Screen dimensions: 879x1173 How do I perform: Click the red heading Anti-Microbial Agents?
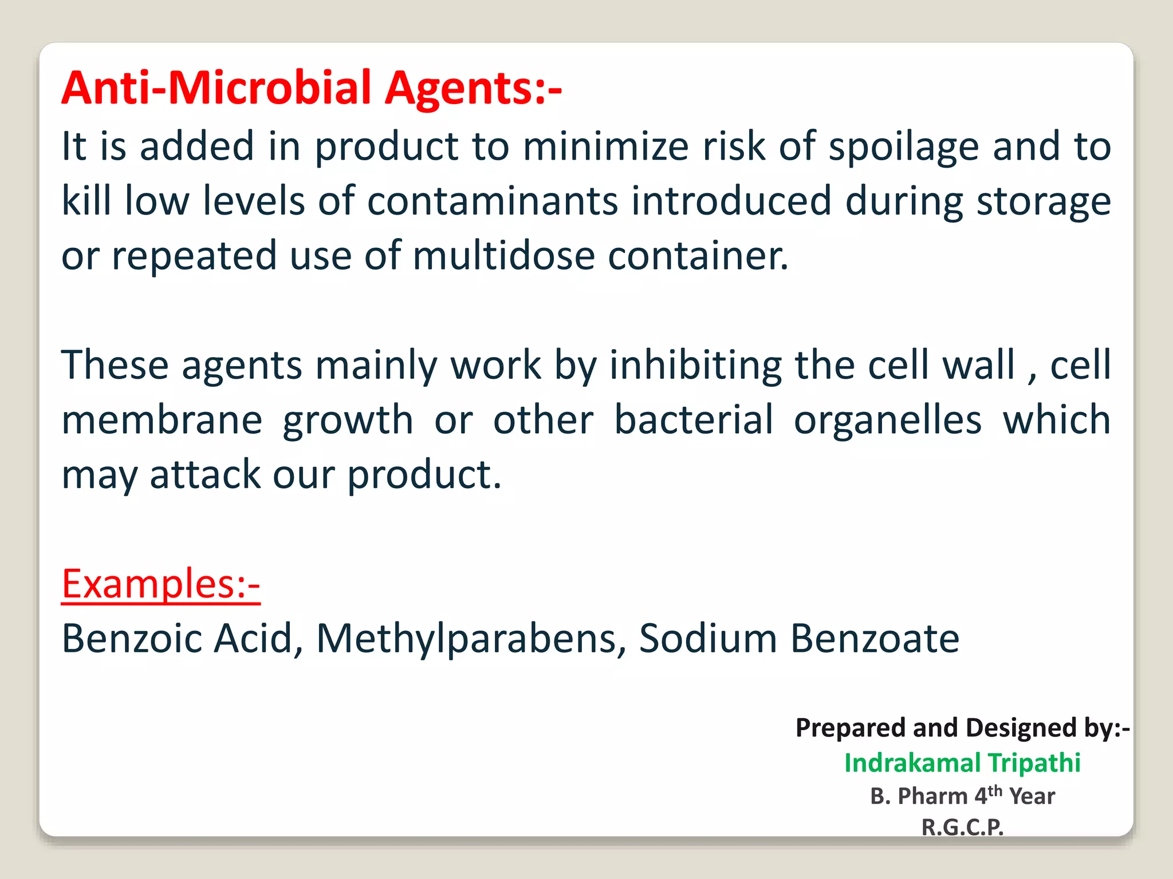312,88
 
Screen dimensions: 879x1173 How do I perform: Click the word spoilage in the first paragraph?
904,147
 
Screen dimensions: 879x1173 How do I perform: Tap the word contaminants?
493,201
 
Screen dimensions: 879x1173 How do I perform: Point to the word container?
698,256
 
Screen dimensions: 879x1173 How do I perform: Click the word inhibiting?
695,365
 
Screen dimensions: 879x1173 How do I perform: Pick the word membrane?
162,419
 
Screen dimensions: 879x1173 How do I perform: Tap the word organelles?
887,419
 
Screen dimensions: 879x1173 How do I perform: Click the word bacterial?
694,419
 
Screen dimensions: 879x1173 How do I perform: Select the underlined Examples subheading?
161,584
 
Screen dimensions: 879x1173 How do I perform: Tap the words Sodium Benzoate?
799,639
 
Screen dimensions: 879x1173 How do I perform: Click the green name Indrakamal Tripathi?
962,763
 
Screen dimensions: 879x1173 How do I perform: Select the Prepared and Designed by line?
962,728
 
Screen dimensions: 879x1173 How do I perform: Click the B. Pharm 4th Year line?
962,796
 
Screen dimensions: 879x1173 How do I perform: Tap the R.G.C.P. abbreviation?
962,827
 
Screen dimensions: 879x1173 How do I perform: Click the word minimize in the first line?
606,147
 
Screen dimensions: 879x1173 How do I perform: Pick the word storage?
1044,201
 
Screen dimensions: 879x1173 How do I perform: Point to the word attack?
205,474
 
